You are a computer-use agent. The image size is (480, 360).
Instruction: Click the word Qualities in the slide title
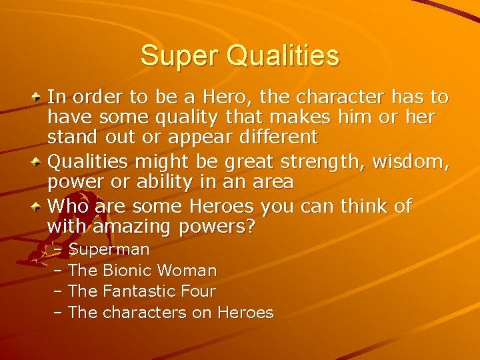click(283, 57)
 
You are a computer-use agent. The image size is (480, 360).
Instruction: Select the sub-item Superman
click(109, 250)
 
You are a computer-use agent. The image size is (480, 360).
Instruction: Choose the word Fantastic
click(139, 291)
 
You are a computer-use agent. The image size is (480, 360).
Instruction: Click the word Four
click(198, 291)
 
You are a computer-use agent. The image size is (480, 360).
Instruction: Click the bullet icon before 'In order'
click(38, 97)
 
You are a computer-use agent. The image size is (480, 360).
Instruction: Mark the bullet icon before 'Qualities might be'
click(38, 161)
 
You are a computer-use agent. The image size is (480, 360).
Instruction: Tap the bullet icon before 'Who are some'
click(38, 205)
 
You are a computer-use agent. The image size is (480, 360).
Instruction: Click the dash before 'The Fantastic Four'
click(58, 291)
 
